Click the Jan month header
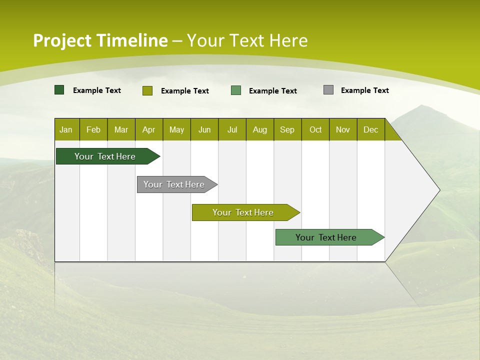coord(66,129)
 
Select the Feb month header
coord(93,129)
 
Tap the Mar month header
coord(121,129)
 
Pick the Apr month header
coord(149,129)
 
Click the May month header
coord(176,129)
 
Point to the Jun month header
coord(204,129)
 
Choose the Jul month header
coord(232,129)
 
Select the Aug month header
coord(260,129)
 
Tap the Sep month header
coord(287,129)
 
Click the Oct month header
coord(315,129)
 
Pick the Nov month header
coord(343,129)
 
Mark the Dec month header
coord(371,129)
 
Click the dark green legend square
coord(59,90)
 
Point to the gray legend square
coord(328,90)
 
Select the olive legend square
coord(147,90)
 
